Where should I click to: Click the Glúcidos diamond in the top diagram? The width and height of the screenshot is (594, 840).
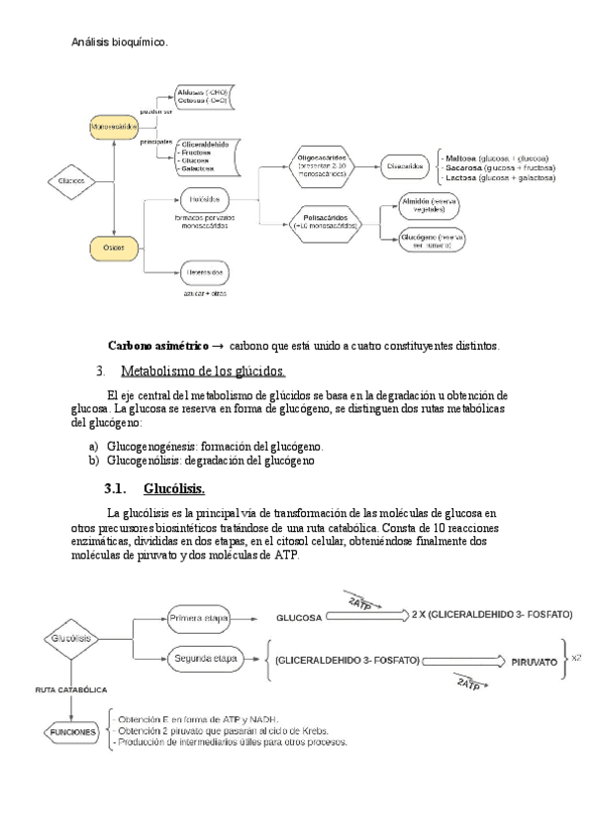(71, 181)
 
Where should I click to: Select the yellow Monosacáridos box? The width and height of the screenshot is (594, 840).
(114, 126)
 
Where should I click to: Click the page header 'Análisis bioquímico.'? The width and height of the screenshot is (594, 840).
(120, 43)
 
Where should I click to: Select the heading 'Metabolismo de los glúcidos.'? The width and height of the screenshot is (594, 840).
(203, 371)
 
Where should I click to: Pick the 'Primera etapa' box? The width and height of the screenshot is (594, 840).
(200, 618)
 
